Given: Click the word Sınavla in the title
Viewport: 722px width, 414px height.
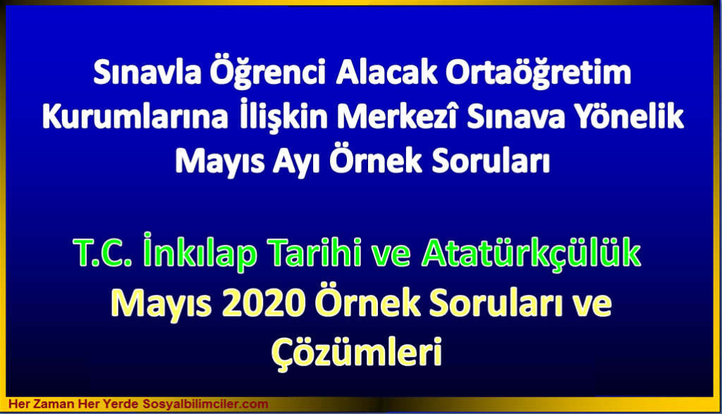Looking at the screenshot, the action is (147, 73).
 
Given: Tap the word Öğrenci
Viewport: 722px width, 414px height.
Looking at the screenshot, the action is (268, 73).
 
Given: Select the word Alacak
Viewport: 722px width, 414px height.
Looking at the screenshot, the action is (386, 73).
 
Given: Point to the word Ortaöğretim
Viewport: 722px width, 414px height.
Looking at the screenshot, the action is (538, 73).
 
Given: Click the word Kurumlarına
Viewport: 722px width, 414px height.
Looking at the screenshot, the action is (135, 116).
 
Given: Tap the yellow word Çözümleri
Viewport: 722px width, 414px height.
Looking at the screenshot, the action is (357, 353).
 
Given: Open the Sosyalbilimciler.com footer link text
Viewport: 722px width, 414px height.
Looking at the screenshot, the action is (205, 404).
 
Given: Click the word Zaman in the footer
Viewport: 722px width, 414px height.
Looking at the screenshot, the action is (53, 404).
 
